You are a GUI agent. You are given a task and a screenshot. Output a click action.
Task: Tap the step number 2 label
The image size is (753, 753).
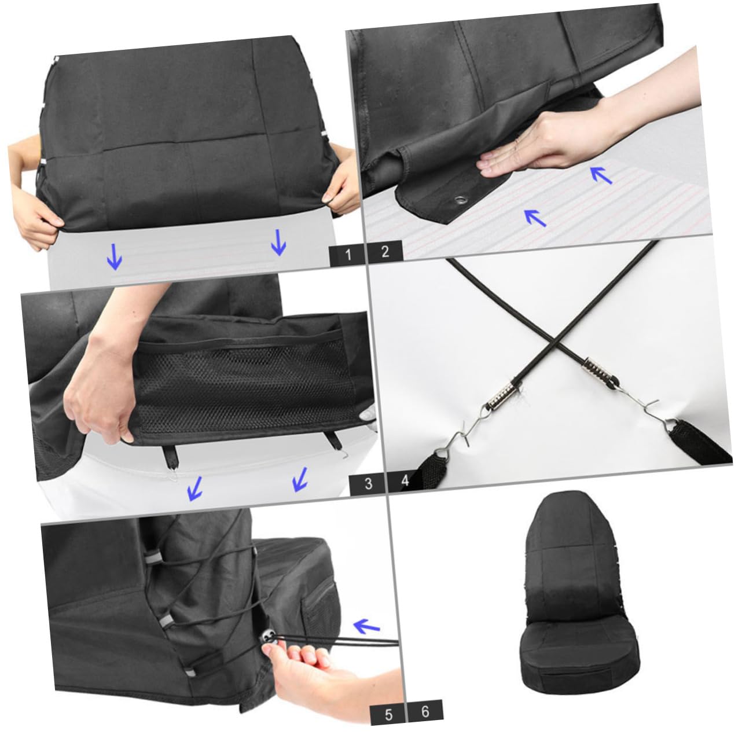click(x=385, y=252)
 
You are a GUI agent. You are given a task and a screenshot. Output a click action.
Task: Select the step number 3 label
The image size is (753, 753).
click(x=368, y=484)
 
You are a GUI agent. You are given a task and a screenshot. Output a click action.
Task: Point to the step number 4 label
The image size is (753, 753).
click(x=405, y=480)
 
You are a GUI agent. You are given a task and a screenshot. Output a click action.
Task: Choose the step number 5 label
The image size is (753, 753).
click(x=388, y=714)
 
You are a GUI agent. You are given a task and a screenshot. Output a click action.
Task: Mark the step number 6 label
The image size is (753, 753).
click(x=425, y=711)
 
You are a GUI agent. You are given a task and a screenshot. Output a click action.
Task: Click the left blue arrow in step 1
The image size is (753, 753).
click(x=115, y=256)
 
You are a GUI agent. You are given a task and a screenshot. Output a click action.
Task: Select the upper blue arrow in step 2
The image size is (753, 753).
click(x=601, y=174)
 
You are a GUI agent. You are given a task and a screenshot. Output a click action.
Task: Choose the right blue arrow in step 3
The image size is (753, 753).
click(x=300, y=479)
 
